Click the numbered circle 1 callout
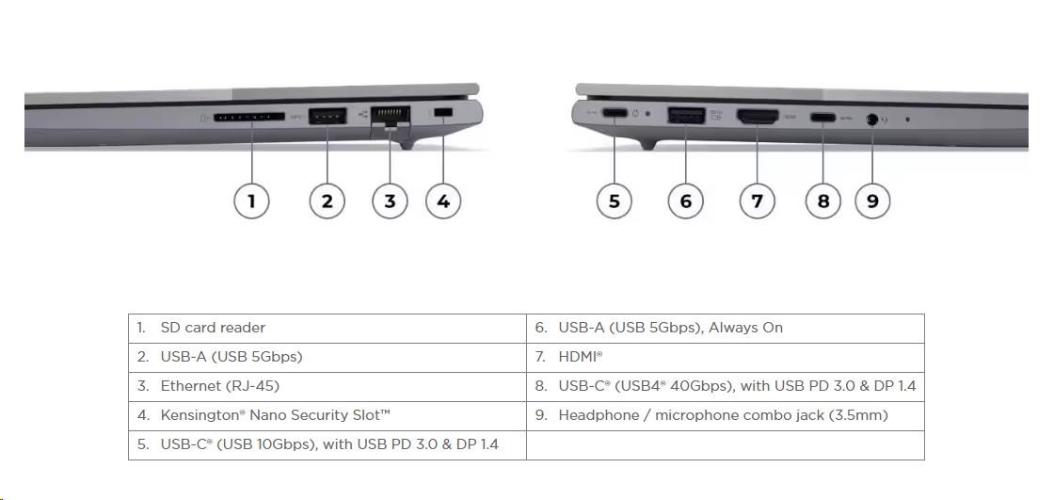pyautogui.click(x=251, y=201)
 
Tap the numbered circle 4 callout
pyautogui.click(x=443, y=201)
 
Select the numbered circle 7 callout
pyautogui.click(x=757, y=201)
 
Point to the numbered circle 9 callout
pyautogui.click(x=871, y=201)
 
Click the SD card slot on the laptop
pyautogui.click(x=248, y=117)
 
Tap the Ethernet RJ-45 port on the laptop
pyautogui.click(x=390, y=117)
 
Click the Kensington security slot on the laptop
pyautogui.click(x=442, y=114)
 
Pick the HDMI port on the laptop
pyautogui.click(x=758, y=117)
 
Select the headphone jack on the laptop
pyautogui.click(x=872, y=119)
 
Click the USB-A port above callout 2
pyautogui.click(x=327, y=117)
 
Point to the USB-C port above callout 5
pyautogui.click(x=615, y=113)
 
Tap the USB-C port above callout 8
pyautogui.click(x=822, y=118)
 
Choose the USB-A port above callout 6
pyautogui.click(x=686, y=116)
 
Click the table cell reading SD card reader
pyautogui.click(x=327, y=329)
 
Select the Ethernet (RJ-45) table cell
pyautogui.click(x=327, y=387)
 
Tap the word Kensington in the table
pyautogui.click(x=200, y=416)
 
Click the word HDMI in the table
pyautogui.click(x=578, y=357)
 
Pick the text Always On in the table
pyautogui.click(x=746, y=328)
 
